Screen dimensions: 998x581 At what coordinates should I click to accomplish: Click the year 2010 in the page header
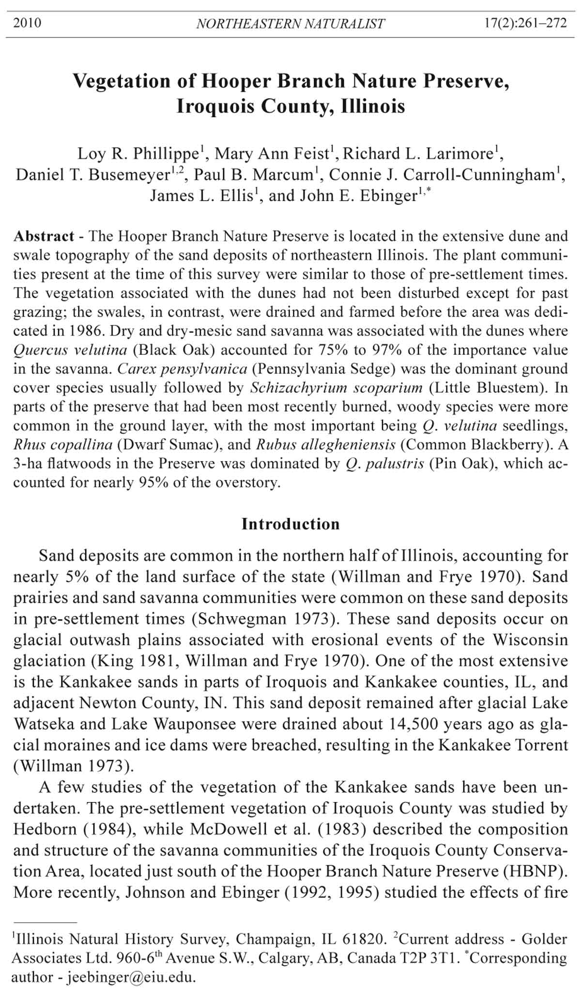27,23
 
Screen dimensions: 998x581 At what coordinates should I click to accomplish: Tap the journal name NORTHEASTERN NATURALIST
290,23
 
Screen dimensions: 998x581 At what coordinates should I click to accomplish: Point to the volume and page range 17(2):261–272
525,23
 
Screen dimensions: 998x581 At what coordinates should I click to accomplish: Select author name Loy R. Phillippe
138,154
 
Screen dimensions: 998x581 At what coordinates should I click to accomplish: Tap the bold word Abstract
44,236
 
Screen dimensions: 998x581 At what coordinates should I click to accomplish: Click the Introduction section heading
290,524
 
